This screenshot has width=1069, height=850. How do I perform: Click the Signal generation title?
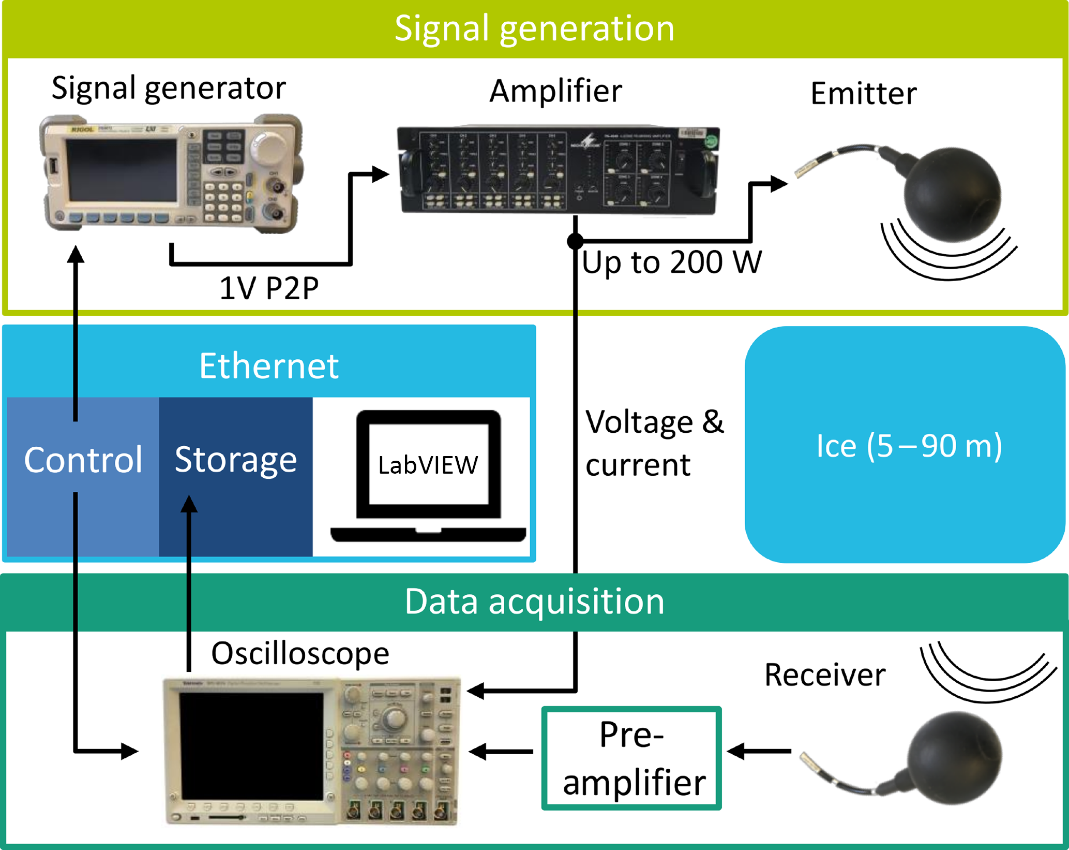click(534, 28)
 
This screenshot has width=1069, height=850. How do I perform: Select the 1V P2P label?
click(269, 288)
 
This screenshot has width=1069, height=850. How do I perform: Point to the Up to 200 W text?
click(671, 262)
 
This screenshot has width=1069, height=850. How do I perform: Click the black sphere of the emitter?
click(952, 194)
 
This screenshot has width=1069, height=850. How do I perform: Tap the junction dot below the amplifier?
click(575, 241)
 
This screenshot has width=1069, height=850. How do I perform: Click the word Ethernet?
click(269, 366)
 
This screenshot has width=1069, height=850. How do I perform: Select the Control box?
click(83, 460)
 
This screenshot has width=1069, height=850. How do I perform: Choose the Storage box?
click(236, 460)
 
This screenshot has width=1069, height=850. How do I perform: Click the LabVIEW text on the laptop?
click(428, 465)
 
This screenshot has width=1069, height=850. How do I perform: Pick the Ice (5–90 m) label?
click(909, 445)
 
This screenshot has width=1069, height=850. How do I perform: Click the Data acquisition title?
click(534, 602)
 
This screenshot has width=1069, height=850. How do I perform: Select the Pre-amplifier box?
click(631, 758)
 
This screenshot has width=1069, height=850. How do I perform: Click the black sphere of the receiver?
click(955, 758)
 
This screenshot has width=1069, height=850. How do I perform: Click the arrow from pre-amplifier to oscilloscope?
click(501, 751)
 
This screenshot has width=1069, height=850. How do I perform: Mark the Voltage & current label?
click(654, 443)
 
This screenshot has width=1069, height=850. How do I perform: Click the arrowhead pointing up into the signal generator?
click(76, 255)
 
